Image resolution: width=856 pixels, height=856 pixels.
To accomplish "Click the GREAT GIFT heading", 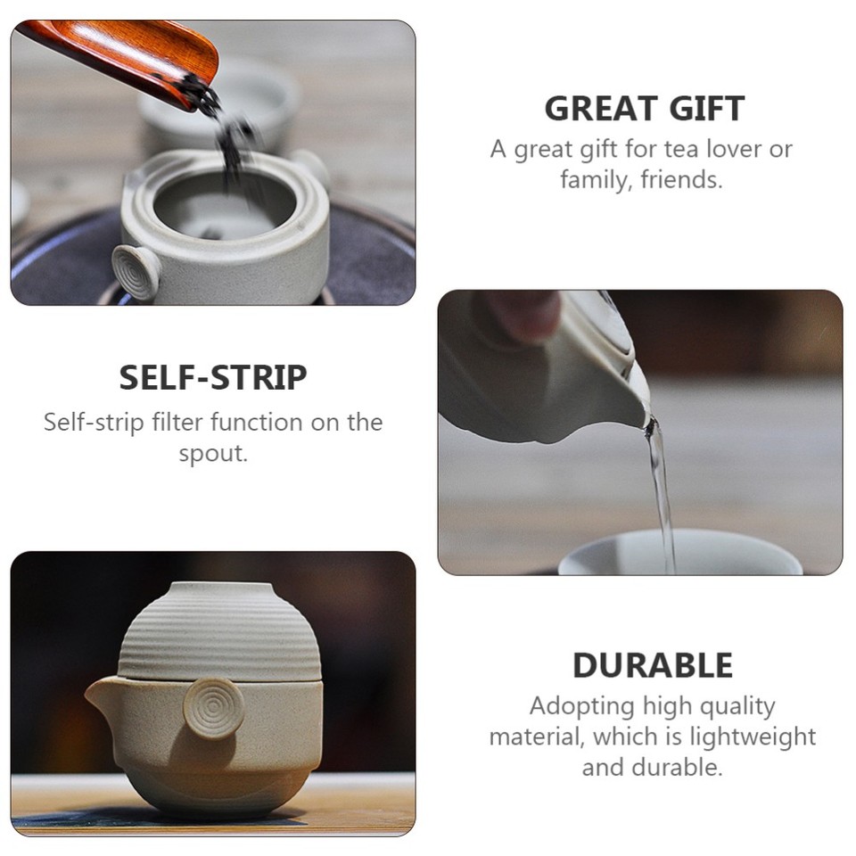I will (644, 109).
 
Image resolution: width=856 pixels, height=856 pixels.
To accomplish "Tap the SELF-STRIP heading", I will (213, 378).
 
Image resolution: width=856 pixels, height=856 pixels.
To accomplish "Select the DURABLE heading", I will (652, 666).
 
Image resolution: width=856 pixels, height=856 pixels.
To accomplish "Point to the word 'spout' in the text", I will (210, 452).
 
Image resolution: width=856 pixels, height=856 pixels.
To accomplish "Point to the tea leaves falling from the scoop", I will (230, 143).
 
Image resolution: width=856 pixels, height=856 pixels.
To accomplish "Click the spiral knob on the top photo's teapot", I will (136, 270).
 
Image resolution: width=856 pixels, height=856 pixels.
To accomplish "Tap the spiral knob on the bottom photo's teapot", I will (213, 708).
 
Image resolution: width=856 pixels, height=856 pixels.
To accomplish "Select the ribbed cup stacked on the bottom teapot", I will (218, 633).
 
